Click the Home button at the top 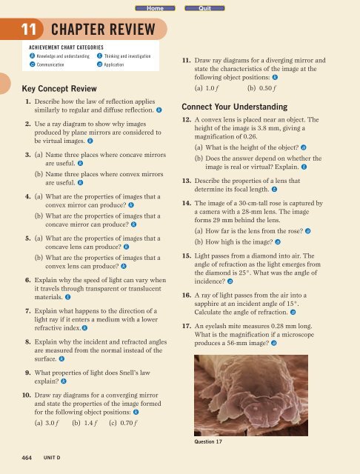click(155, 7)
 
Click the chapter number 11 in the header click(24, 30)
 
